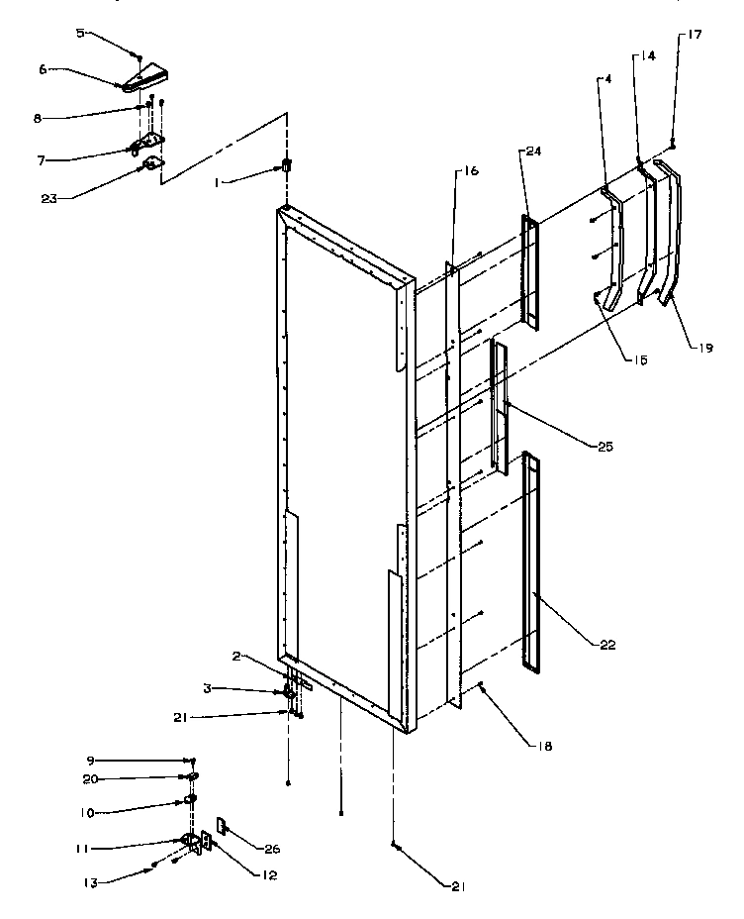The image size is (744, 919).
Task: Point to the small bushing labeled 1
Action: click(x=288, y=165)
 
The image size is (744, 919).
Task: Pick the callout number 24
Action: click(x=533, y=152)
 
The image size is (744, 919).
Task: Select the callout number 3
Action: click(x=235, y=688)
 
